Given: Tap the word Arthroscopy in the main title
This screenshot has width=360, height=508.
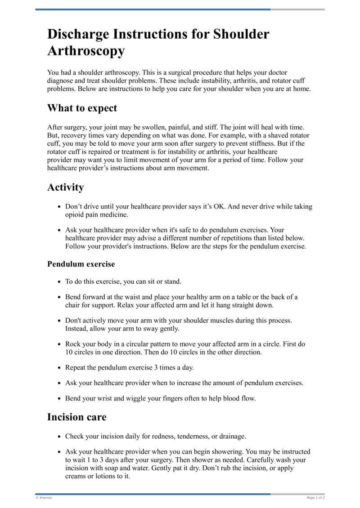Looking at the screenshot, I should (x=86, y=51).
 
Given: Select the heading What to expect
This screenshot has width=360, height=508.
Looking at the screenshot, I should (x=82, y=108).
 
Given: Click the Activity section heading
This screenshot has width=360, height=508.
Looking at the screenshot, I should (x=65, y=187).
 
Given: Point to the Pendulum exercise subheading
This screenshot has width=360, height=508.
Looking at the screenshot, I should (x=81, y=264).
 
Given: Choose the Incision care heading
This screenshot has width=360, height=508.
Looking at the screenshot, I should (x=77, y=417).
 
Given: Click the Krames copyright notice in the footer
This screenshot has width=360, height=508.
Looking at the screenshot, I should (x=44, y=498).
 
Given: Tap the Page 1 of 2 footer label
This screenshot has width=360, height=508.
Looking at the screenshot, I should (x=315, y=498).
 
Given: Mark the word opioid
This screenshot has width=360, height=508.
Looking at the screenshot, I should (x=75, y=215).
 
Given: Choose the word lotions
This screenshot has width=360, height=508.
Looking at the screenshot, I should (x=101, y=477).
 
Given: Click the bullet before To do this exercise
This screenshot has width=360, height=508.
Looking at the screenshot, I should (x=59, y=282).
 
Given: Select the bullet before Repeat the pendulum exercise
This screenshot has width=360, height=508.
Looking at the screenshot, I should (x=59, y=368).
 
